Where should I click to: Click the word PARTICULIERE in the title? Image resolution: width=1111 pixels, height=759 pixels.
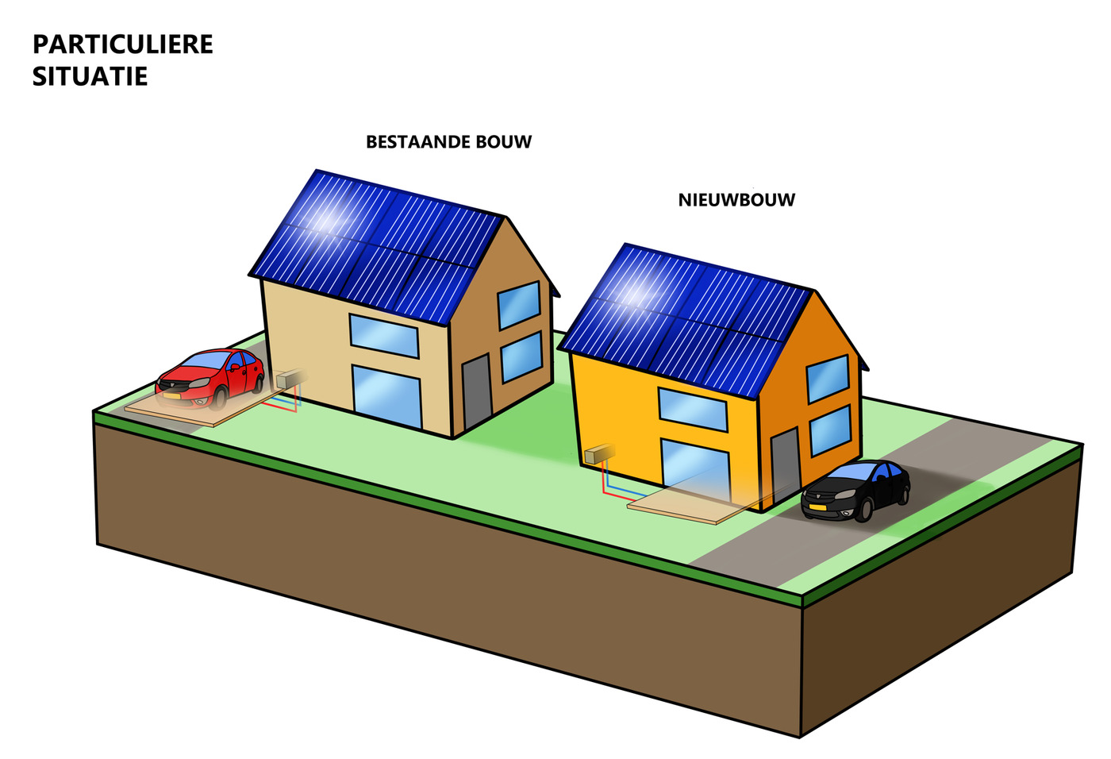click(123, 44)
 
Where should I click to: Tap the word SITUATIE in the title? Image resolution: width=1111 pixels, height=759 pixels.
click(90, 77)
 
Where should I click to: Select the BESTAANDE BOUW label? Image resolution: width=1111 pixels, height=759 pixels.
click(448, 142)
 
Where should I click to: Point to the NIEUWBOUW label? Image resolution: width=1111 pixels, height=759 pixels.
click(736, 200)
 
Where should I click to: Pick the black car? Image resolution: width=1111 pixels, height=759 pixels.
click(856, 490)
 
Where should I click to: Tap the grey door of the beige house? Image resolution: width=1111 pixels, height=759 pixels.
click(477, 391)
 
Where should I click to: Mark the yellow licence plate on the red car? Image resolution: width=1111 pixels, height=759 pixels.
click(171, 395)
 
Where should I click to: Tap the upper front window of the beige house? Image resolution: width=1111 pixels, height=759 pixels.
click(384, 335)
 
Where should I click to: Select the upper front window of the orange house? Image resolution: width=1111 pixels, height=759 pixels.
click(693, 410)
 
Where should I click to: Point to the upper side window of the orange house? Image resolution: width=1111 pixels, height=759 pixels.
click(828, 379)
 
